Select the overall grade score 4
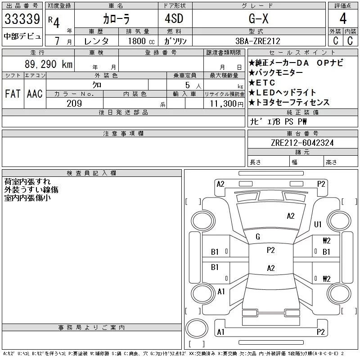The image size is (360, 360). pos(343,19)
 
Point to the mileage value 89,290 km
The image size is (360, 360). pos(49,64)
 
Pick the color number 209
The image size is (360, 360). pos(74,103)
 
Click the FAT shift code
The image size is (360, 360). pos(12,94)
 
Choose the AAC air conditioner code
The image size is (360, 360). pos(34,94)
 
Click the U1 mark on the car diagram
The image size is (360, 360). pos(318,224)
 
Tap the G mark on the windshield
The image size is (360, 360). pos(257,237)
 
